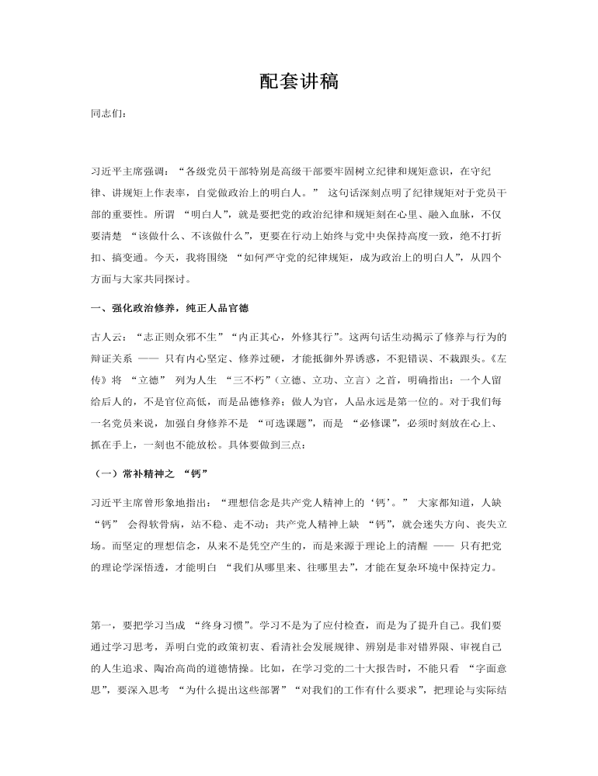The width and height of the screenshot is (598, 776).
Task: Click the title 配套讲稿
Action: click(299, 81)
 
